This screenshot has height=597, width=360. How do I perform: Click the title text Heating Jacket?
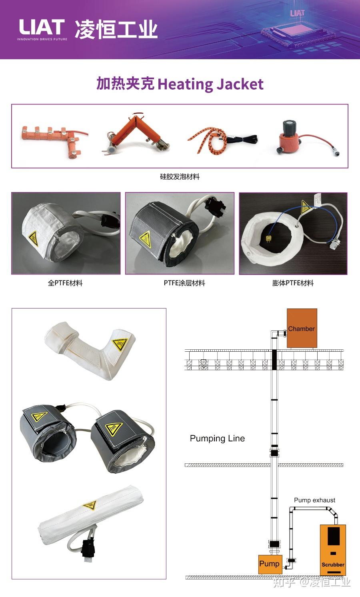[210, 84]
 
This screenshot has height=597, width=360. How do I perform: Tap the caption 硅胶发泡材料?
[180, 176]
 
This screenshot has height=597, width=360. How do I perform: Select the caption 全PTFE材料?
[65, 283]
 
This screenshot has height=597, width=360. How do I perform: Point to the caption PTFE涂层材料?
[184, 283]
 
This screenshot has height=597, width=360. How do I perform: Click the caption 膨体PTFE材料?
[293, 283]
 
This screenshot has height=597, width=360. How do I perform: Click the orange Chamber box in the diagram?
[302, 328]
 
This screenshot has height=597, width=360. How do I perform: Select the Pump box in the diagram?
[270, 564]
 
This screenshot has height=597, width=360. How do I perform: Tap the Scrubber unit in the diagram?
[333, 550]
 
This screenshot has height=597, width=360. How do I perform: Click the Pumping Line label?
[217, 439]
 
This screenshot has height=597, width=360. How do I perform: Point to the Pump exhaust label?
[314, 500]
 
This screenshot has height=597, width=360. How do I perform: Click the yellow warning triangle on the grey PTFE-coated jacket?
[146, 239]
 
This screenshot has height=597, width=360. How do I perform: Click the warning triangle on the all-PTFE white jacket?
[34, 238]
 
